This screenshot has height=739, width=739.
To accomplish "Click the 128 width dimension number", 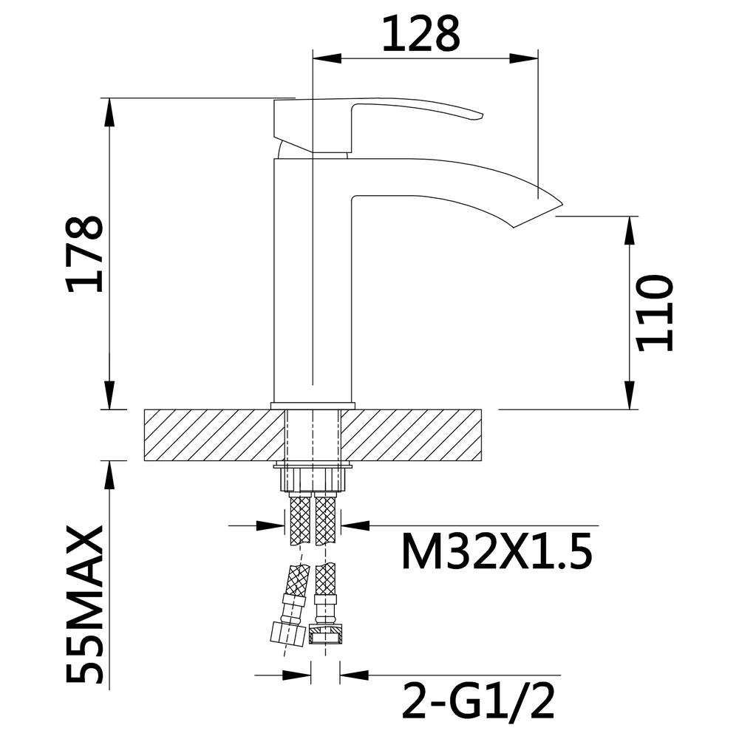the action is coord(420,34).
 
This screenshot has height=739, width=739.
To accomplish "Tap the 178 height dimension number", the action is coord(85,254).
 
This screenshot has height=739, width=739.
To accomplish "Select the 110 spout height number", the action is coord(654,313).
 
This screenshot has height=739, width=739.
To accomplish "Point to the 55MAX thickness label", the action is coord(85,604).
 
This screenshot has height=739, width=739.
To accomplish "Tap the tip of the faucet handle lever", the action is coord(481,115).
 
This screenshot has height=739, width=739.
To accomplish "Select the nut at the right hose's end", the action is coord(325,634).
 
